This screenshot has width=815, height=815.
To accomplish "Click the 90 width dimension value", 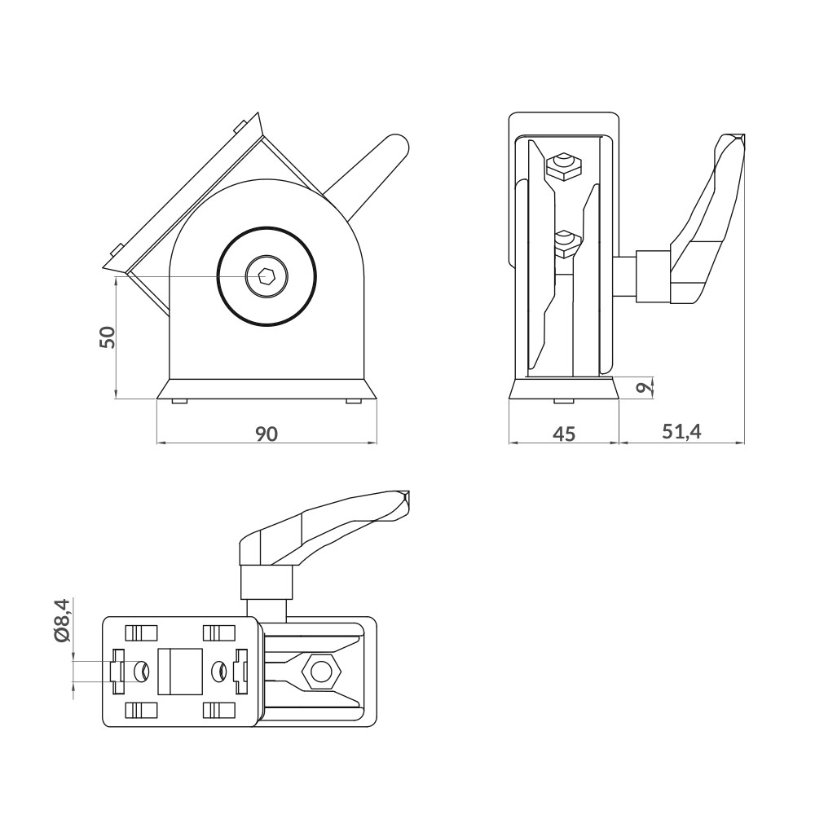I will coord(267,434).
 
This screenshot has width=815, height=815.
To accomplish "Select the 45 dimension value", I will coord(564,434).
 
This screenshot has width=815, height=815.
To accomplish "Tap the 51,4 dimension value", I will coord(681,432).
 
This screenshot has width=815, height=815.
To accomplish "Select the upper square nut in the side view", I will coord(563,167).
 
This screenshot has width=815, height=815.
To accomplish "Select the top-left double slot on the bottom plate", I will coord(141,632).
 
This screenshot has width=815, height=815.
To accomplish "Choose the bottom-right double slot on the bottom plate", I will coord(218,710).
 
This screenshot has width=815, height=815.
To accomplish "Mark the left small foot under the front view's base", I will coord(179,401).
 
